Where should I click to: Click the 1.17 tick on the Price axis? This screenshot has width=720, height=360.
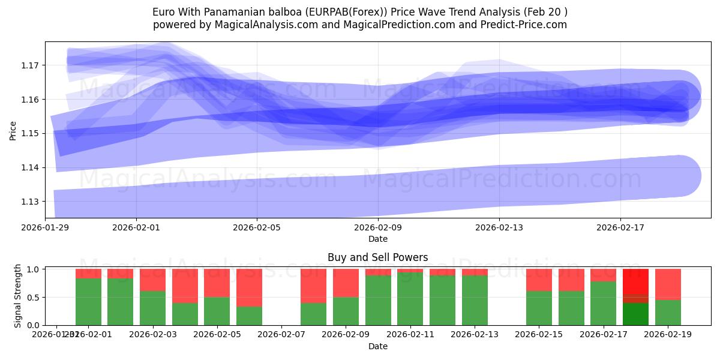point(31,65)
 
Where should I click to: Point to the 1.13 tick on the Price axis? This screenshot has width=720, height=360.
point(31,202)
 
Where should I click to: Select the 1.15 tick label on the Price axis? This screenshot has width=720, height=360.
point(31,133)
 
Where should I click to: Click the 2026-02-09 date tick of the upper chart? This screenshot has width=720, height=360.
point(378,228)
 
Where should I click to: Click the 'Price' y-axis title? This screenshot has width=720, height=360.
point(13,130)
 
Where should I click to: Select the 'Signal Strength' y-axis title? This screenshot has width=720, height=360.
point(18,296)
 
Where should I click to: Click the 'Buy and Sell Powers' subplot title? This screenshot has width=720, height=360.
point(377,257)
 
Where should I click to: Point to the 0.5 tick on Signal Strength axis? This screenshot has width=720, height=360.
point(33,297)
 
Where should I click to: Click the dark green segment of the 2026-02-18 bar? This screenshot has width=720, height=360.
point(635,314)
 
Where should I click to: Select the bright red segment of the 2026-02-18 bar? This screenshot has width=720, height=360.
point(635,281)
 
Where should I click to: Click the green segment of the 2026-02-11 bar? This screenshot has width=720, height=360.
point(410,299)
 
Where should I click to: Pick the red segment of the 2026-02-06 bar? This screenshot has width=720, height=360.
point(249,287)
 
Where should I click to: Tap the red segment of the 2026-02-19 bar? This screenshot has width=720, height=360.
point(668,284)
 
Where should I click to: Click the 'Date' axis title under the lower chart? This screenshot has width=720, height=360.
point(377,346)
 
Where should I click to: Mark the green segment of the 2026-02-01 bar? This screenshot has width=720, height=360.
point(88,302)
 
